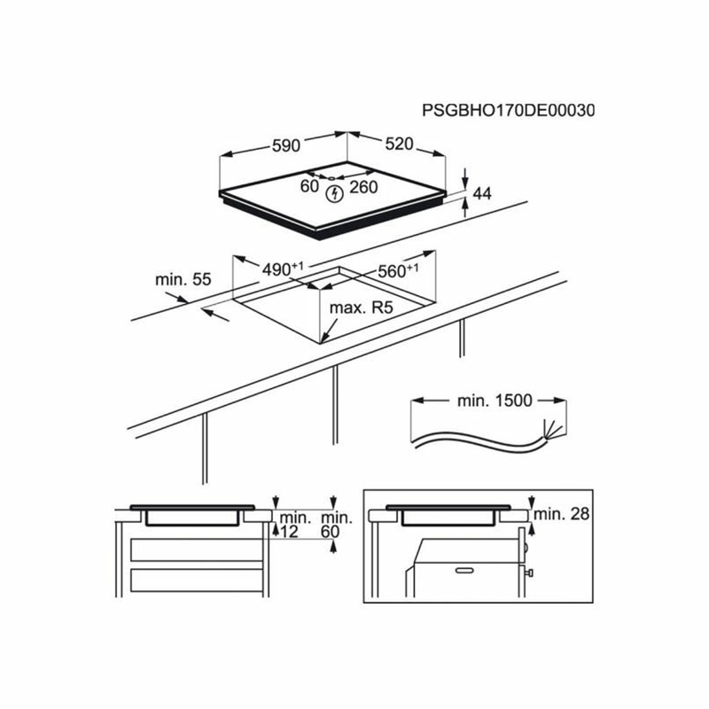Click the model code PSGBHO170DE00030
click(508, 111)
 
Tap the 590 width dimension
click(286, 145)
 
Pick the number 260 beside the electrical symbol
click(363, 187)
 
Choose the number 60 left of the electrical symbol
click(309, 186)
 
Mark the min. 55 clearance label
click(183, 279)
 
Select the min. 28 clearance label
click(564, 514)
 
